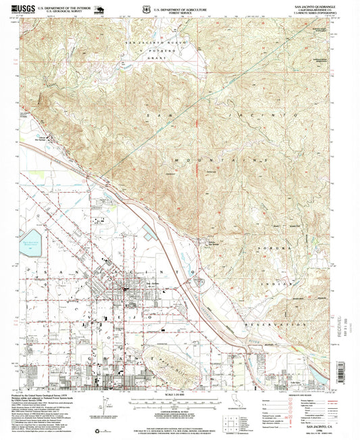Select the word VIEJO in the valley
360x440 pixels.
(x=135, y=314)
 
